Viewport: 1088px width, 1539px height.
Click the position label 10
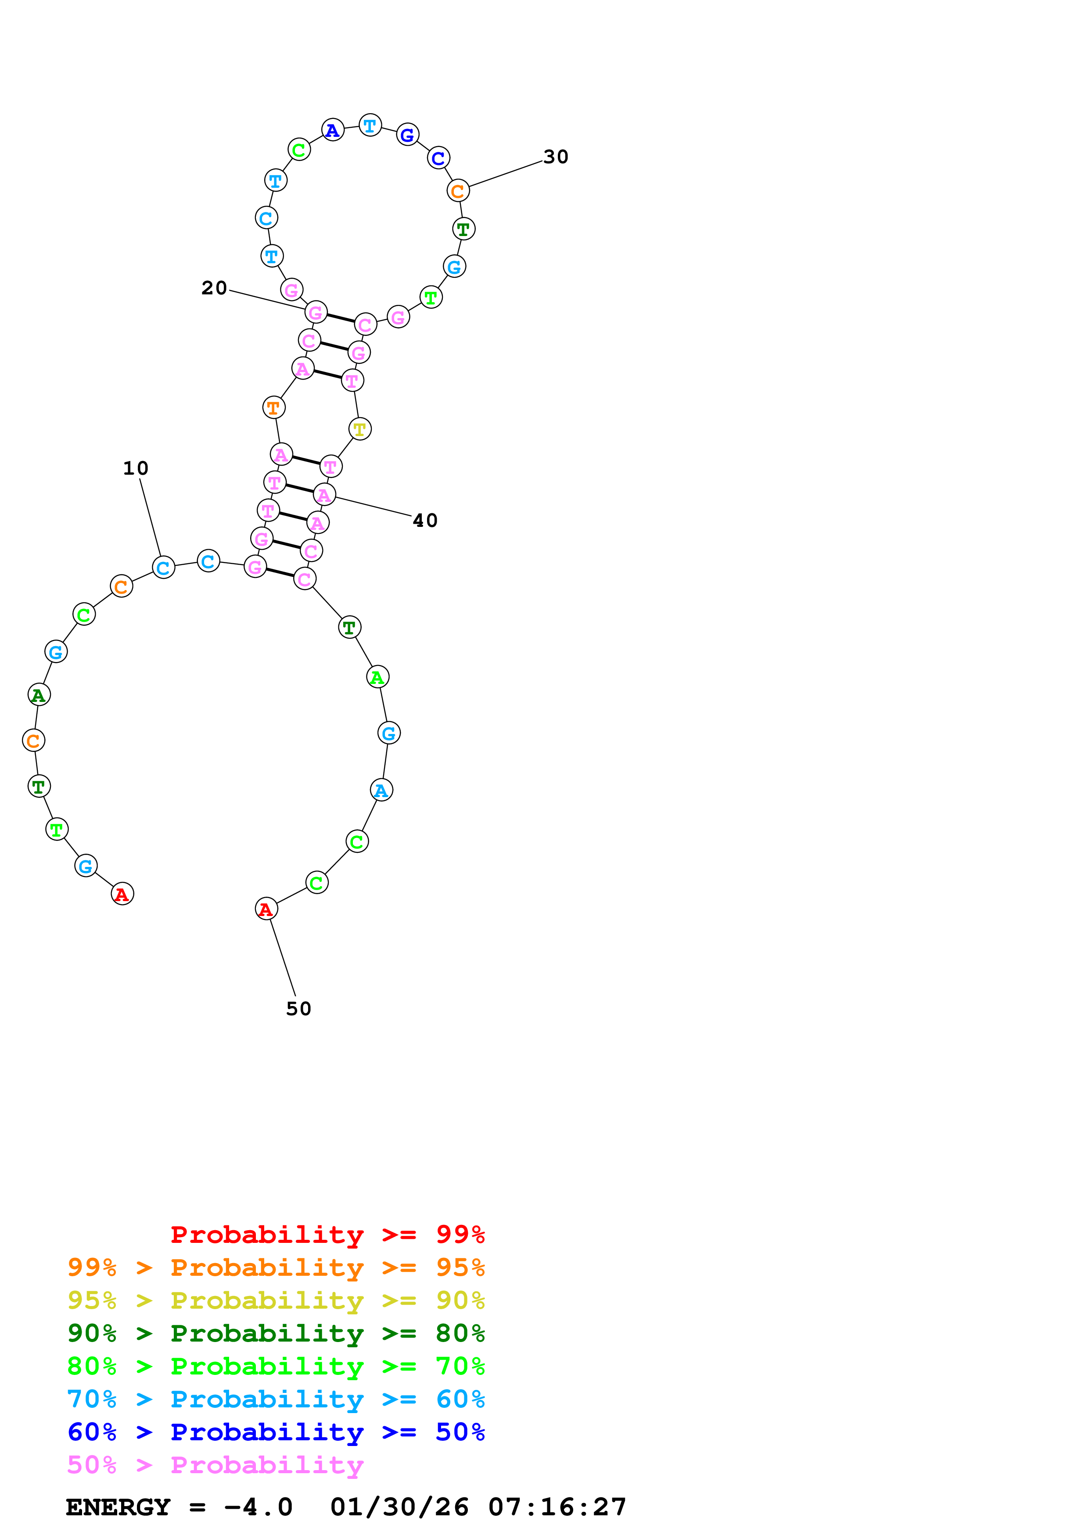[136, 468]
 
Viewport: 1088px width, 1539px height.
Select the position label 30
[555, 157]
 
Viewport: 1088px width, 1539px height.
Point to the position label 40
[425, 520]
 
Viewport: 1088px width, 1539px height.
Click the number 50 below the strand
[298, 1009]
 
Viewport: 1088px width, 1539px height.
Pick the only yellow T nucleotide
[360, 429]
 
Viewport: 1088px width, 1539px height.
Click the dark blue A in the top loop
[333, 130]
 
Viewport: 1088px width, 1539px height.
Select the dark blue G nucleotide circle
[408, 135]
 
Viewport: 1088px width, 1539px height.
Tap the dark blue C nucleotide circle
[438, 158]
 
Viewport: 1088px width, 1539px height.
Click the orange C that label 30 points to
[458, 190]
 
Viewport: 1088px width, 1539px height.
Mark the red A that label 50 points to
[266, 909]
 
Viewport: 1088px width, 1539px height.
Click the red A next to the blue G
[122, 894]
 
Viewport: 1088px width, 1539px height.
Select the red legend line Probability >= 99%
[327, 1235]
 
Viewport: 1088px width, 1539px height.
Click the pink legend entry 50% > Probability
[215, 1465]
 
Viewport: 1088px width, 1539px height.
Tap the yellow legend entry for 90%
[276, 1300]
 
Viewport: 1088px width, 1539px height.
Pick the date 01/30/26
[399, 1507]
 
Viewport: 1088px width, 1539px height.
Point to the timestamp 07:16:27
[557, 1507]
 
